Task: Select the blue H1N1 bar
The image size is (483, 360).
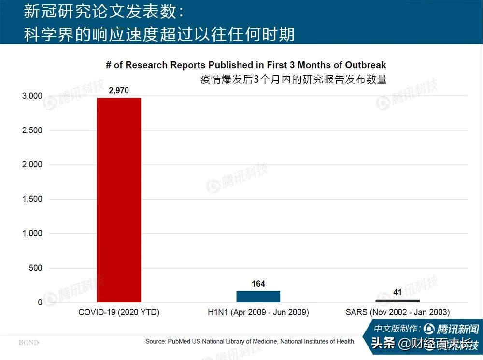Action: pos(258,296)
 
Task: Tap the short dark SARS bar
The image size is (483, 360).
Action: pos(398,301)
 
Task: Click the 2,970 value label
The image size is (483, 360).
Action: pos(119,90)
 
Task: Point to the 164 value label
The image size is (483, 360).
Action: pos(258,284)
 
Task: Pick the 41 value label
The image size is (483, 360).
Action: pos(398,292)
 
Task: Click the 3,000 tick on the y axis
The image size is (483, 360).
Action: pos(32,96)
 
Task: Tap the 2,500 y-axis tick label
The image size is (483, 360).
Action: pos(32,130)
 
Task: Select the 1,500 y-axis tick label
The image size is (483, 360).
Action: pos(32,199)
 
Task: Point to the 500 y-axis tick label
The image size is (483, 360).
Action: pos(36,268)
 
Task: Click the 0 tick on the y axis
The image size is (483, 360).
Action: pos(40,302)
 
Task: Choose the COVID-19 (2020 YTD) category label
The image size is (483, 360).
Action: pos(119,312)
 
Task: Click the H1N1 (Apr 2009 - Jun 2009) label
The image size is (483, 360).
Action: pos(258,312)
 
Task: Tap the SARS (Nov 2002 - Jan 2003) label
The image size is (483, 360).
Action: pos(398,312)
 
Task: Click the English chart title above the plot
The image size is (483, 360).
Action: pos(246,65)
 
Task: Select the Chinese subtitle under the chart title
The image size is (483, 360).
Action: pos(294,79)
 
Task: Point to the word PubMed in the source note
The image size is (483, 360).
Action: pos(181,341)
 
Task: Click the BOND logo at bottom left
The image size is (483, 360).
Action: pos(29,343)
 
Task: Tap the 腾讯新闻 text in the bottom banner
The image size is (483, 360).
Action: pos(457,329)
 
